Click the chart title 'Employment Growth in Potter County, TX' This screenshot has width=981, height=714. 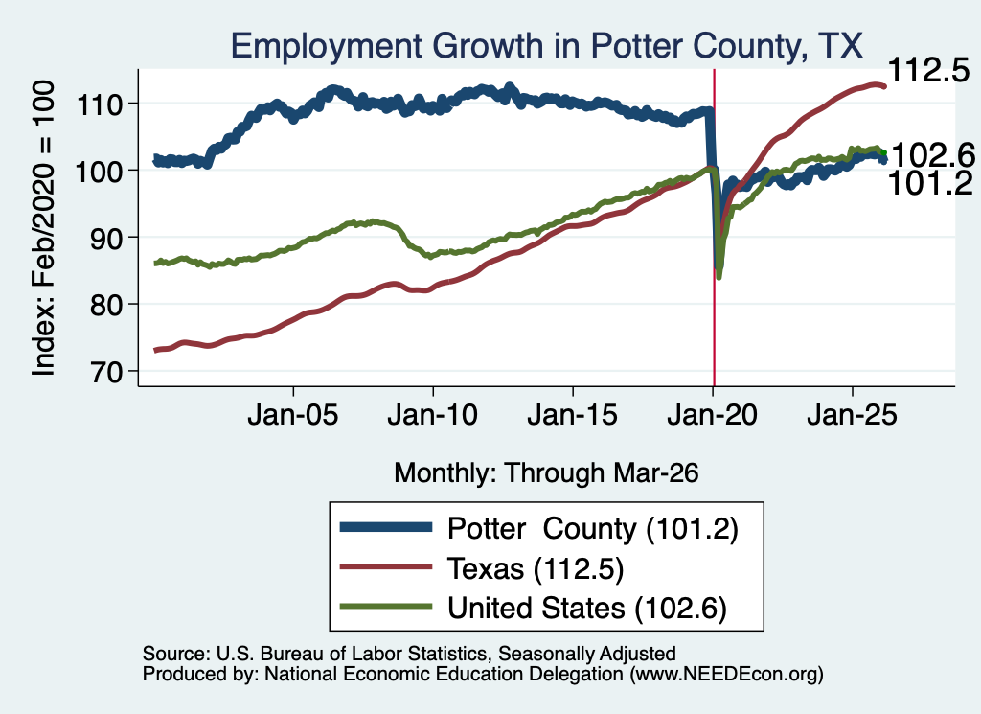tap(547, 46)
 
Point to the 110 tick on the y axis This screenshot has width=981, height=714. tap(99, 104)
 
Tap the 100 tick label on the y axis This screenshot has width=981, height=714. tap(99, 171)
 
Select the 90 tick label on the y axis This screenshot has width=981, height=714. tap(105, 238)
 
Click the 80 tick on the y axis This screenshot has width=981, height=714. tap(105, 305)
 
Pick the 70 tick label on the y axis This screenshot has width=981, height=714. tap(105, 372)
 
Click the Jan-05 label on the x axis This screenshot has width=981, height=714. tap(293, 415)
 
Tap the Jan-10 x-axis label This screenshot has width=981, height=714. tap(432, 415)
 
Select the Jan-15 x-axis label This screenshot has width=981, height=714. tap(573, 415)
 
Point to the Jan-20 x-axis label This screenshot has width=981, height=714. tap(712, 415)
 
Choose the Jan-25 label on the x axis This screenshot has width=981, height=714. tap(852, 415)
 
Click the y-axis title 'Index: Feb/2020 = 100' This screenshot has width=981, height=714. tap(44, 228)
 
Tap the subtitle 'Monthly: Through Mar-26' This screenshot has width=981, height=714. tap(546, 473)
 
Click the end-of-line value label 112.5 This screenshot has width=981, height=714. tap(928, 70)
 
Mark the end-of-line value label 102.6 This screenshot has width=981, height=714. tap(932, 155)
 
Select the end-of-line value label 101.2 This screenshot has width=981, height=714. tap(930, 183)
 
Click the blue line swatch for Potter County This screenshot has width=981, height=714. tap(385, 527)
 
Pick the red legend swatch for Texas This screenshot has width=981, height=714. tap(385, 567)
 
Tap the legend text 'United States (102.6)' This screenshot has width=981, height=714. tap(587, 609)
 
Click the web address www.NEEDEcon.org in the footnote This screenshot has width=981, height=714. tap(726, 674)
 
